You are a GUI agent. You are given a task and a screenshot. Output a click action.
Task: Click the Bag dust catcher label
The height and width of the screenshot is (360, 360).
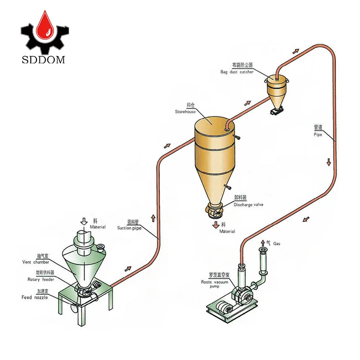[x=237, y=72]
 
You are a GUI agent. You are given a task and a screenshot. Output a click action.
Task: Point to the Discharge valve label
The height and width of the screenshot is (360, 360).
[x=248, y=204]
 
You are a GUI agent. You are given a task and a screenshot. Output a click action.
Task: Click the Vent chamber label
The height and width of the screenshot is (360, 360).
[x=35, y=262]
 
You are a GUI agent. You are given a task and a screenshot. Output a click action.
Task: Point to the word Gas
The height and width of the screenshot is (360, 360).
[x=276, y=244]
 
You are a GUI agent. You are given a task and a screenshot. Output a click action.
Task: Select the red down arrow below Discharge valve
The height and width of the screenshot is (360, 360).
[x=216, y=225]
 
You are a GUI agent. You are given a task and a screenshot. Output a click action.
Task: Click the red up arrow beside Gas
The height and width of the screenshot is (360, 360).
[x=263, y=242]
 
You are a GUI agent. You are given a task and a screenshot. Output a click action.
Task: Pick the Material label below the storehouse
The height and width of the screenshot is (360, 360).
[x=228, y=231]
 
